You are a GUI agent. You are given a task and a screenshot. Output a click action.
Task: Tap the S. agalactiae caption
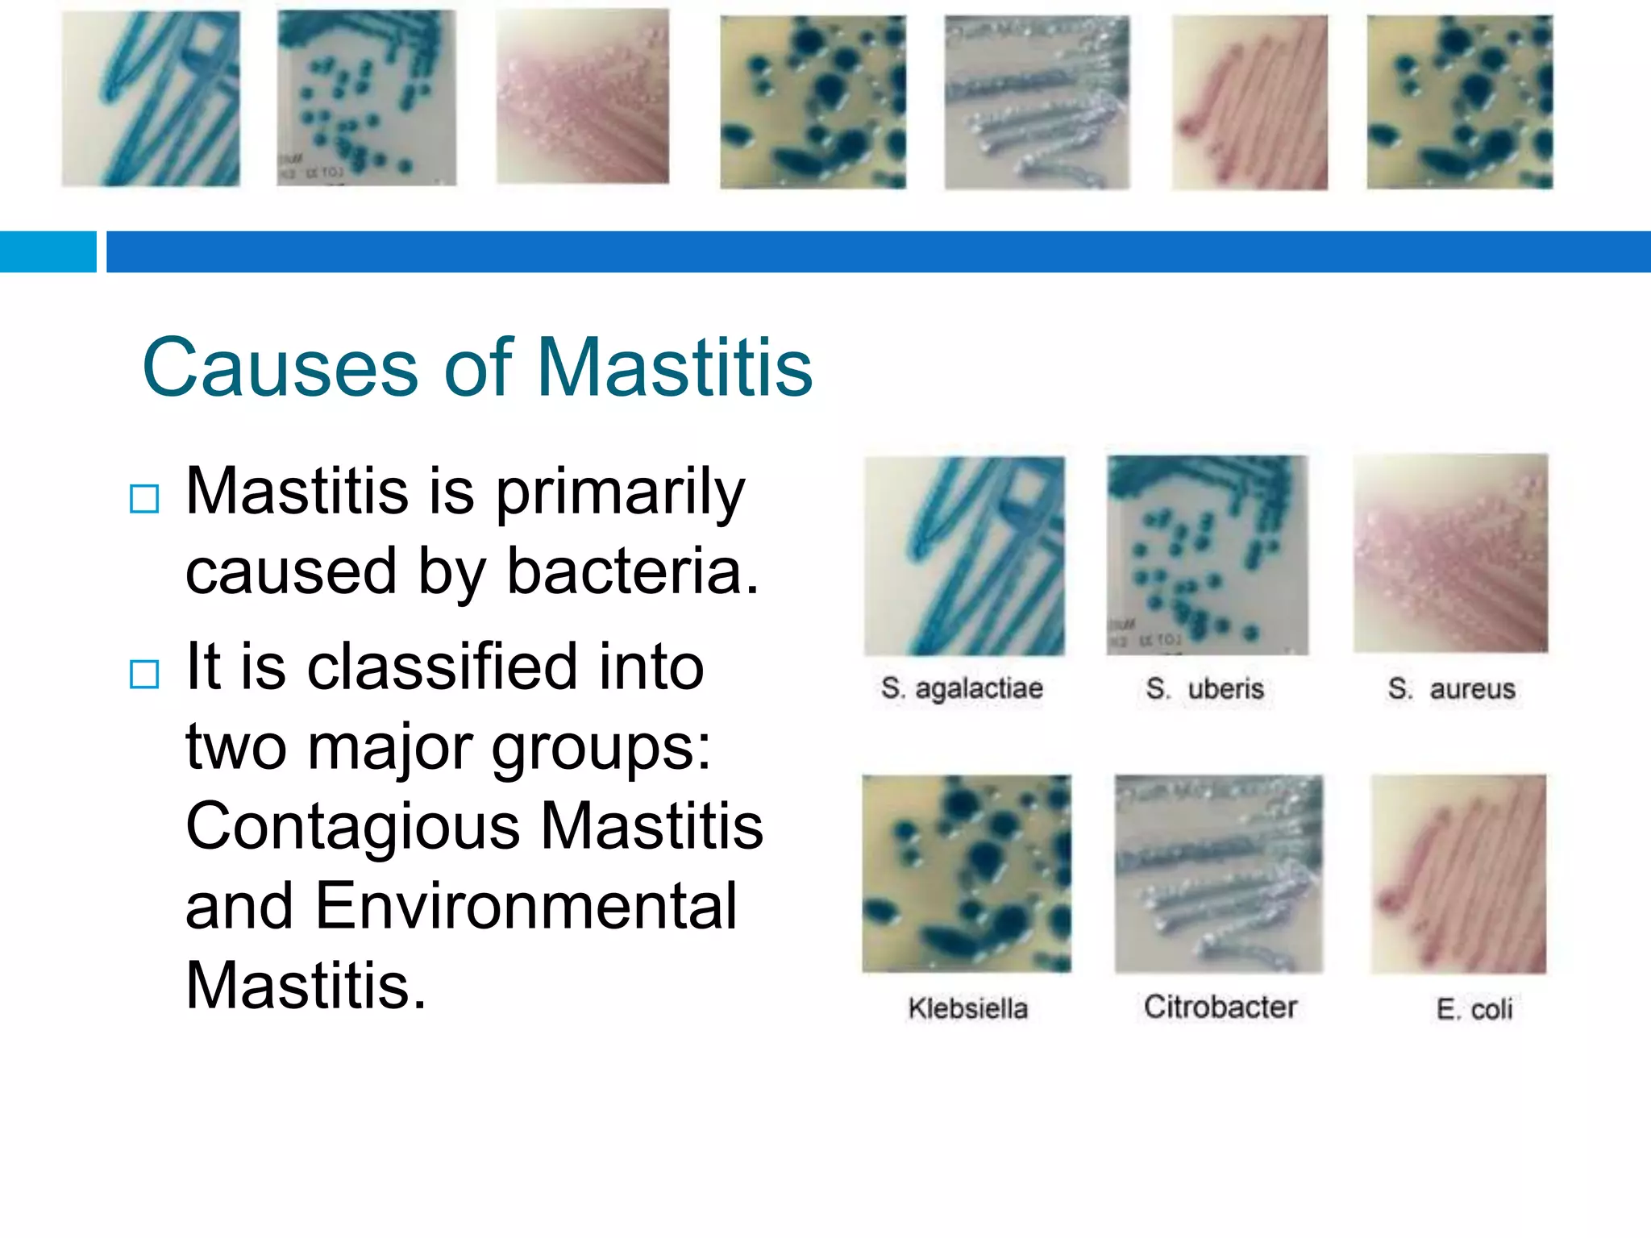point(962,688)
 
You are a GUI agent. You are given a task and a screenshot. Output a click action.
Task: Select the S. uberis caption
point(1204,688)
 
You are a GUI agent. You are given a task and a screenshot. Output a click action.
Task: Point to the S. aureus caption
point(1451,688)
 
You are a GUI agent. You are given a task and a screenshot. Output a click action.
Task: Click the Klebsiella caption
point(967,1008)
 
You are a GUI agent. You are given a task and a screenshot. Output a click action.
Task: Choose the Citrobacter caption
point(1220,1007)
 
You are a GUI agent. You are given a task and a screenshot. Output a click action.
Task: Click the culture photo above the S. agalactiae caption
point(964,556)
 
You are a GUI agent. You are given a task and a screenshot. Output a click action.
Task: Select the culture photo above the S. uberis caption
point(1207,555)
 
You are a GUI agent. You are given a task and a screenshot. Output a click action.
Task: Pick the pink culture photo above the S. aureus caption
point(1450,554)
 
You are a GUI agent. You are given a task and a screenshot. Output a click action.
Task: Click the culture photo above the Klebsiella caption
point(967,874)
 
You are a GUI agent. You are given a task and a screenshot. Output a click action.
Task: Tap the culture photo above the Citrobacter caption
point(1218,874)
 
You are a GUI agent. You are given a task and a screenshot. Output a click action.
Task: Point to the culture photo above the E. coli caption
point(1458,874)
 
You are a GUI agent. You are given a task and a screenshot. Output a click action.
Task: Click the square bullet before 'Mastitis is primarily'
point(144,499)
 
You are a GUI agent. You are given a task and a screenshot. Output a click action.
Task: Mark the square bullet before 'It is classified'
point(144,674)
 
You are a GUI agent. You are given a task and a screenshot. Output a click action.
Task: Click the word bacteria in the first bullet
point(633,571)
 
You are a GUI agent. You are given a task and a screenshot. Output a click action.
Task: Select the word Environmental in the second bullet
point(526,905)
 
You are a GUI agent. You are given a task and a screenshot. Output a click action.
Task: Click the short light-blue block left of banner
point(48,251)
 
